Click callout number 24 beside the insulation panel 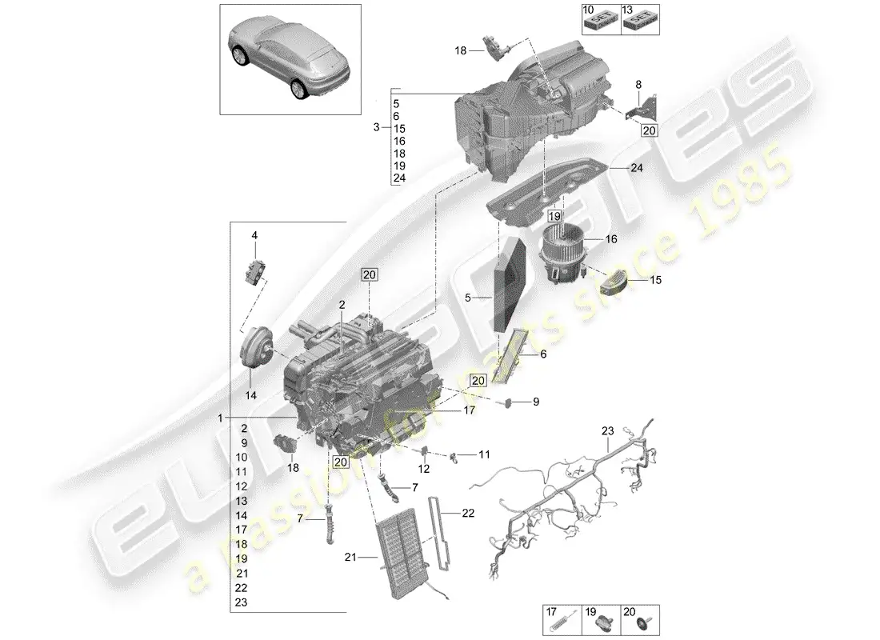[x=636, y=169]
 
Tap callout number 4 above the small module [x=254, y=235]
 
